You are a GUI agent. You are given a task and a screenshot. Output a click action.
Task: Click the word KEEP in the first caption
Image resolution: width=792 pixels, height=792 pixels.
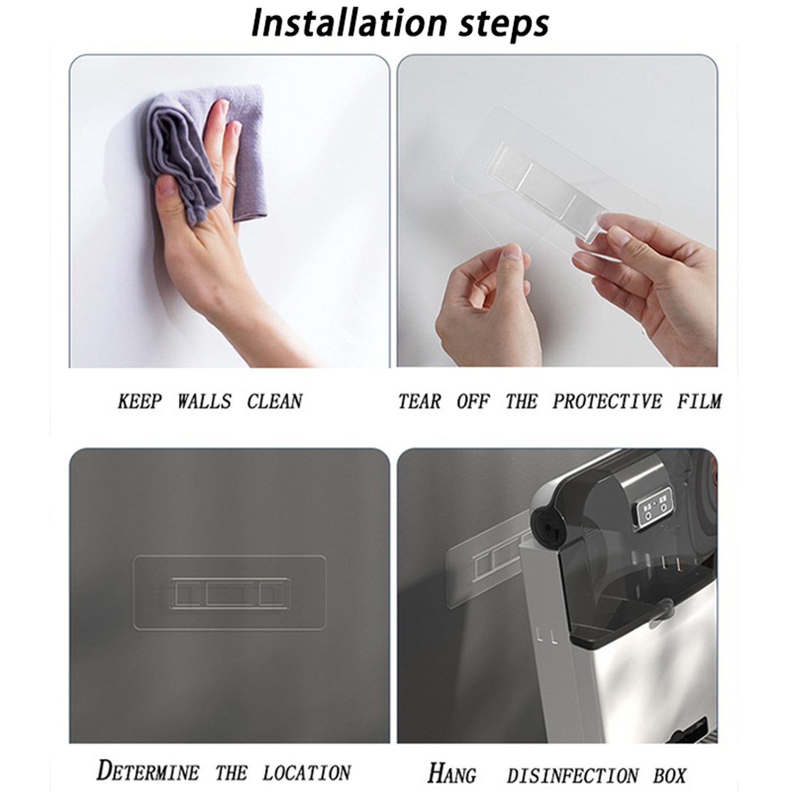click(140, 401)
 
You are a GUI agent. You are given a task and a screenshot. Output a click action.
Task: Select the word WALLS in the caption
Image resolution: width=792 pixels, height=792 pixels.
click(204, 401)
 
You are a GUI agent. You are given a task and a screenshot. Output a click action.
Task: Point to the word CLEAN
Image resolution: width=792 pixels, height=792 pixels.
click(275, 401)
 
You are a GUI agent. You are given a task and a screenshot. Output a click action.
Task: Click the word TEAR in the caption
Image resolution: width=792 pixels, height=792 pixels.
click(419, 401)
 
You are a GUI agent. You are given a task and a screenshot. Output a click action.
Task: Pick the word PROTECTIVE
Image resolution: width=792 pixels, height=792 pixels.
click(607, 401)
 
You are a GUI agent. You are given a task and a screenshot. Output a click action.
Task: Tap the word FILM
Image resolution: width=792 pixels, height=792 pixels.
click(699, 401)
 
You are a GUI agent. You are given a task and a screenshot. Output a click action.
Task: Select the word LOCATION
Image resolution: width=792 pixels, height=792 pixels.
click(306, 773)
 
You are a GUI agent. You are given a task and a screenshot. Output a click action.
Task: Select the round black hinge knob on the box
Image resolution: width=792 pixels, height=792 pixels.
click(546, 526)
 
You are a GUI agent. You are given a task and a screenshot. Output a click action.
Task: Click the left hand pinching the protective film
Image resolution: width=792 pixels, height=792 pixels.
click(488, 302)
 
